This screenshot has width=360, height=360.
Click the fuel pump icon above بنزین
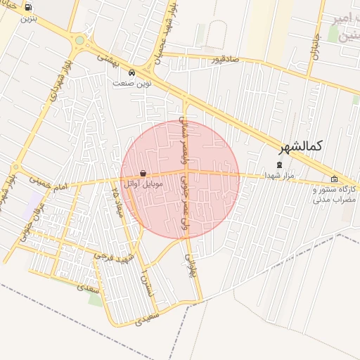click(x=28, y=8)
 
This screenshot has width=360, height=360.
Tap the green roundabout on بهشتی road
click(x=79, y=40)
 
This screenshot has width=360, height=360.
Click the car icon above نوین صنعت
click(x=132, y=72)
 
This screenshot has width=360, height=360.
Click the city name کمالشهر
click(x=300, y=146)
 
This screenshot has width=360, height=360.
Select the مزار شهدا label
click(x=279, y=174)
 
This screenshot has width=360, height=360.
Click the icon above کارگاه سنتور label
click(x=334, y=179)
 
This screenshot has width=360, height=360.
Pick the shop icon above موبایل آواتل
click(x=143, y=173)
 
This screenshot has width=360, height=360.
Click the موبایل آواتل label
click(x=143, y=184)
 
